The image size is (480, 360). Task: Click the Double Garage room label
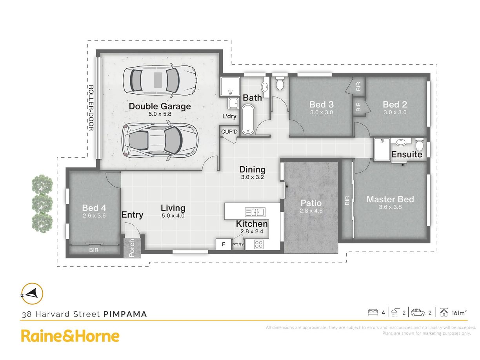point(160,106)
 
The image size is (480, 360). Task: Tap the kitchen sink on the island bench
point(255,212)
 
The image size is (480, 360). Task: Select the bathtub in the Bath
point(248,119)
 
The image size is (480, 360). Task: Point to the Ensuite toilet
point(419,144)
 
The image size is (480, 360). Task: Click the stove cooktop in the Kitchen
point(259,244)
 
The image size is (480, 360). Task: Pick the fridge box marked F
point(223,244)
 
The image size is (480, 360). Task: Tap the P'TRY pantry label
point(238,245)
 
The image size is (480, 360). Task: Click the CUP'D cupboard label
point(229,132)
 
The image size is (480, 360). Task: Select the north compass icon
point(32,294)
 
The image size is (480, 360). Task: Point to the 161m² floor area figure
point(459,313)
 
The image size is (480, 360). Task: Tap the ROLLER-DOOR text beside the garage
point(91,108)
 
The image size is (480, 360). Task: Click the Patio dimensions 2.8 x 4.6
point(311,211)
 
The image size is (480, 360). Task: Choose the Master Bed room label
point(390,199)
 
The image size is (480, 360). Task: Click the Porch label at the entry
point(132,248)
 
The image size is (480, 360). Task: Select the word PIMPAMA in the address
point(125,314)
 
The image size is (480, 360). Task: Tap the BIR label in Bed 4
point(94,250)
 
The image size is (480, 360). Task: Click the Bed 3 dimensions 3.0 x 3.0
point(321,112)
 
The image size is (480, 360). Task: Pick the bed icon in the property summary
point(373,312)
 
